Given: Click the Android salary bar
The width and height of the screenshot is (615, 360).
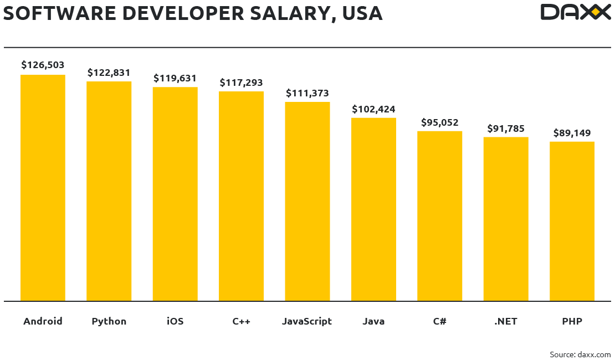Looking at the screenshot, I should (43, 188).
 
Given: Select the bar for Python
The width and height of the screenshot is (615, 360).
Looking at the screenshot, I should (109, 191).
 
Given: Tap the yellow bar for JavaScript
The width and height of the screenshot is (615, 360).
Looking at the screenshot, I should (307, 202).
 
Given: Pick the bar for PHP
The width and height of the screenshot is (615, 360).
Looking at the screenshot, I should (572, 221).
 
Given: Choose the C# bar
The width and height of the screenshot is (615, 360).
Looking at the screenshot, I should (439, 216).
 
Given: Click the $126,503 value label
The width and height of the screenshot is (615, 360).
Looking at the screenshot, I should (43, 65).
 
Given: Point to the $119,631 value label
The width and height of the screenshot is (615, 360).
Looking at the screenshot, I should (175, 78).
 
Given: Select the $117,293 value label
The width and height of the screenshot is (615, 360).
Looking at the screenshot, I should (241, 83).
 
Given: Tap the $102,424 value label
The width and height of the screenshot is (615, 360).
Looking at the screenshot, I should (373, 109).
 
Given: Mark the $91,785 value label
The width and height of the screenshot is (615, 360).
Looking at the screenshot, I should (506, 128).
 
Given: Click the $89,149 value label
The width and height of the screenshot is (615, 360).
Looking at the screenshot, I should (572, 133).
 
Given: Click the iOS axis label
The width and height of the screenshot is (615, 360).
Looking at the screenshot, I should (175, 321).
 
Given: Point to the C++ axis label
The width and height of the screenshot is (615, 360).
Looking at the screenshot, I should (242, 321).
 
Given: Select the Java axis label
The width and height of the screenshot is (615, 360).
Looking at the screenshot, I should (373, 321).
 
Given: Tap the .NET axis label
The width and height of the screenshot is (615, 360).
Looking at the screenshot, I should (505, 321).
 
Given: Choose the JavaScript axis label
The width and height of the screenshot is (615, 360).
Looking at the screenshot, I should (307, 321).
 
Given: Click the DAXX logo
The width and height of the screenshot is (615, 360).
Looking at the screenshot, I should (575, 12).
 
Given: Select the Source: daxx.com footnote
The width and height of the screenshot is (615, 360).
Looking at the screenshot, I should (580, 354).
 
